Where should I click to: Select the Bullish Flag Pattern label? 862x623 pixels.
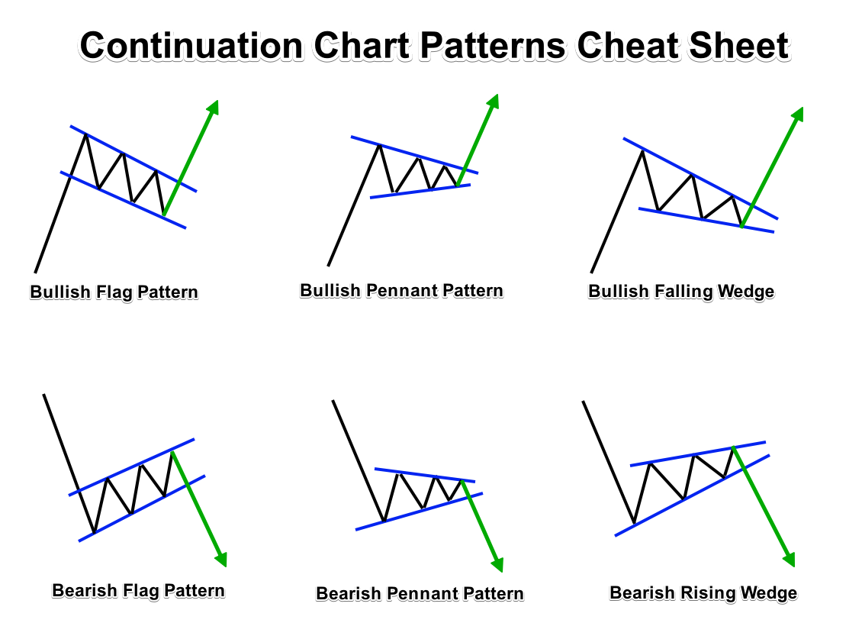tap(114, 292)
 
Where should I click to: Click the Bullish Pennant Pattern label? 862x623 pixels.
tap(401, 291)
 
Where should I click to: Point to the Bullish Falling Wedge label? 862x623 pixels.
tap(681, 292)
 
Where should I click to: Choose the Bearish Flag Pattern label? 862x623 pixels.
tap(138, 590)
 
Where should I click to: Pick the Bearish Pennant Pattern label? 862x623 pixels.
tap(420, 593)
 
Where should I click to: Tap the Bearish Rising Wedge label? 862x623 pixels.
tap(703, 593)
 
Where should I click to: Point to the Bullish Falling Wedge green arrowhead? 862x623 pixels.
tap(797, 115)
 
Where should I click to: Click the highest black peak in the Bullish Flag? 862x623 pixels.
tap(85, 134)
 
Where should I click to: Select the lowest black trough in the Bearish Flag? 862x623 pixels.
tap(94, 531)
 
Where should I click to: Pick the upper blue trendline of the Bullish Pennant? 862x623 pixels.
tap(412, 153)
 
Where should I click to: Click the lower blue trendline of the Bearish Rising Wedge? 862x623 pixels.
tap(687, 496)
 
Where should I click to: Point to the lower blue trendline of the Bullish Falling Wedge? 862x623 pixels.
tap(706, 220)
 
